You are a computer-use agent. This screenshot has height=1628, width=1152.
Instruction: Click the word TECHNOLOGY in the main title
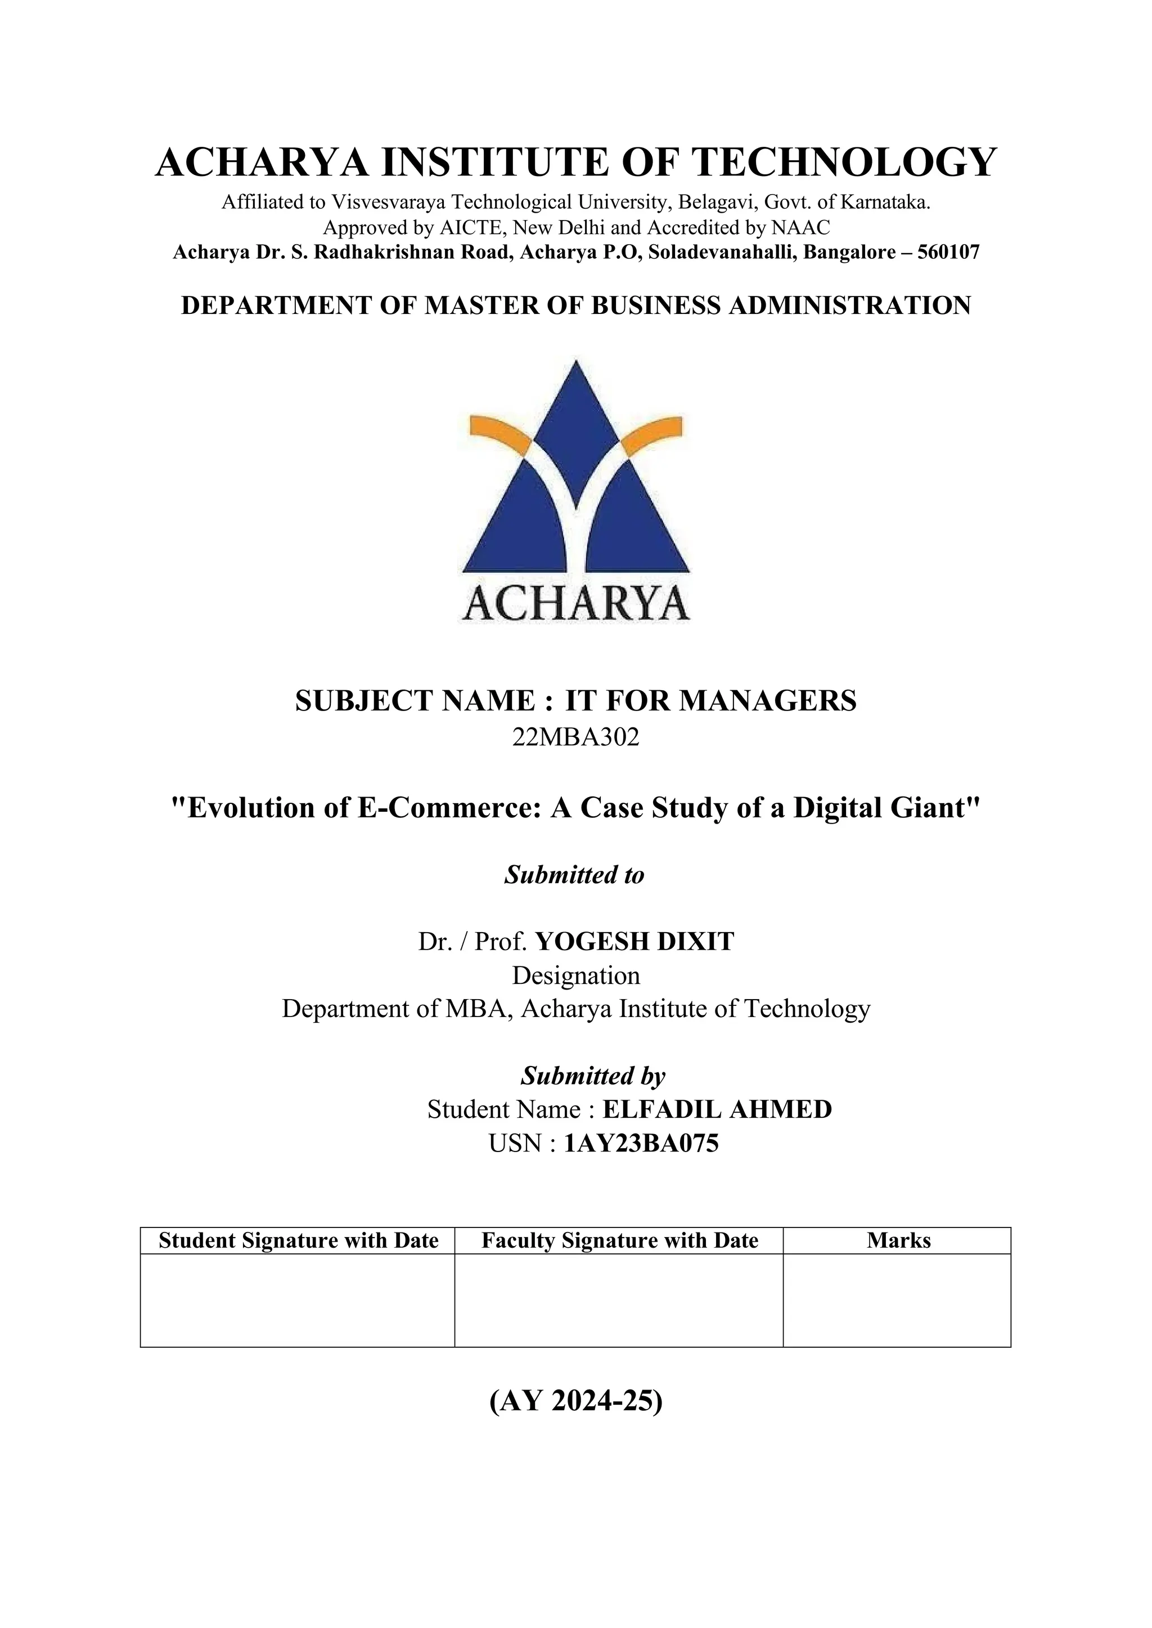844,162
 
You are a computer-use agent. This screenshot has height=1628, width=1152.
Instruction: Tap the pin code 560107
948,253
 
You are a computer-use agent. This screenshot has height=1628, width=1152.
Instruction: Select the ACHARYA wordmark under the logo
576,604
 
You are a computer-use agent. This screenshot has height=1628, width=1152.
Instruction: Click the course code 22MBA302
575,737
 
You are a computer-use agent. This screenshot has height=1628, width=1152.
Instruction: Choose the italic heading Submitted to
574,875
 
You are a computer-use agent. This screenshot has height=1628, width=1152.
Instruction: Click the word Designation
576,975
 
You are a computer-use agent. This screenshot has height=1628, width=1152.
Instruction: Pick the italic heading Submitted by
593,1076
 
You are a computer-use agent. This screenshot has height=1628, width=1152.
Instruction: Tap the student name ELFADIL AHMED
717,1109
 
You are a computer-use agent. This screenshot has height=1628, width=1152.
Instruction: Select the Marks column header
898,1240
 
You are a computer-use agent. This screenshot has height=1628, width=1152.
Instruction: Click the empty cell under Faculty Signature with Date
619,1299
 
